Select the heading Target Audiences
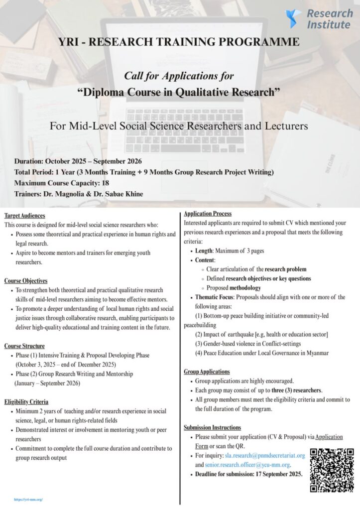[x=24, y=216]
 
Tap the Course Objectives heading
[x=26, y=281]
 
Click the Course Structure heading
[x=24, y=346]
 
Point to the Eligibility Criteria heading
[x=27, y=401]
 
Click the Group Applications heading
[x=207, y=372]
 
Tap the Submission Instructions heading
[x=212, y=427]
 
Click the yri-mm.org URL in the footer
[x=28, y=499]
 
